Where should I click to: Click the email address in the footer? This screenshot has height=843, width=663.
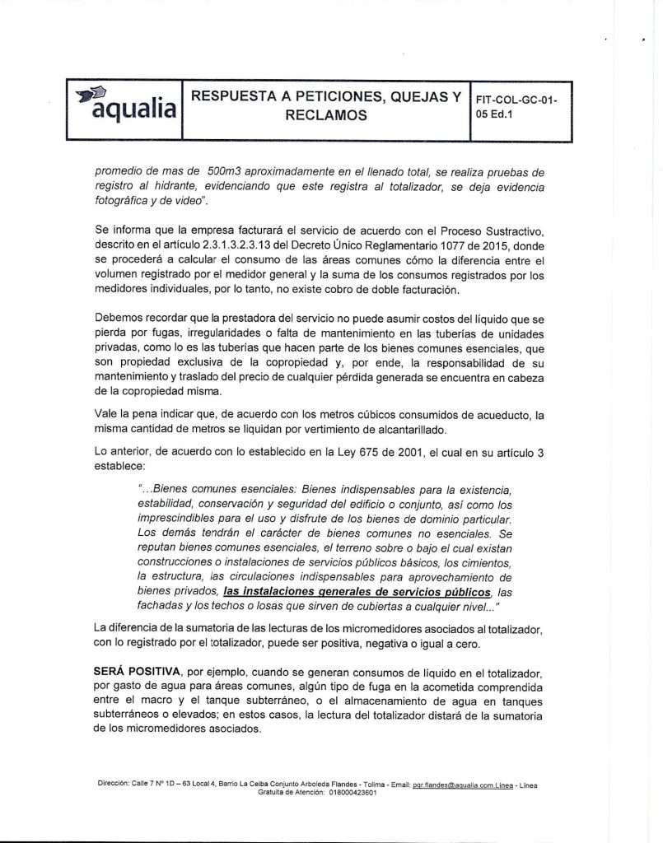pos(460,785)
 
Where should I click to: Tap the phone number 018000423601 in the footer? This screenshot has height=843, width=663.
pos(352,793)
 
